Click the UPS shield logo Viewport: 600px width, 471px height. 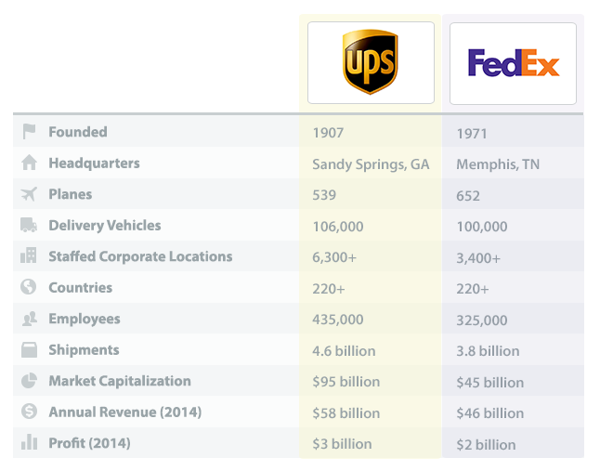[x=371, y=62]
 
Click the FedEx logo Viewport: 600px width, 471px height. [x=513, y=63]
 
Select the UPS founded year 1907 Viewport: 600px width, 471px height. [x=328, y=133]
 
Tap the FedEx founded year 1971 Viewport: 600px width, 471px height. [x=472, y=134]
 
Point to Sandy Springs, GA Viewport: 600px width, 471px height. [x=371, y=164]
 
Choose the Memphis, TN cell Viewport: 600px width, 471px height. [x=498, y=164]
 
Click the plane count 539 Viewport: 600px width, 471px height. [x=324, y=195]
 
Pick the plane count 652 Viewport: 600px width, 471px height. [x=468, y=196]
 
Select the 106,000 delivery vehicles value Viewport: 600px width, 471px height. [x=338, y=227]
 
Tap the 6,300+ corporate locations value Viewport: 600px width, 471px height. [x=335, y=257]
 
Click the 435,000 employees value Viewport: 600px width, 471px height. [x=338, y=320]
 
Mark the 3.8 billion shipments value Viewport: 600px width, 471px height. [x=488, y=351]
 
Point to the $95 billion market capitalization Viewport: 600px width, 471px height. [x=346, y=382]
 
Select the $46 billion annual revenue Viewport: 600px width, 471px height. [x=489, y=413]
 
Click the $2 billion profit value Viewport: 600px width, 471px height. [x=486, y=445]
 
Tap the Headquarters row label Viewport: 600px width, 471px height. [x=94, y=164]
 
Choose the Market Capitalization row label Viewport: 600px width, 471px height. [x=120, y=381]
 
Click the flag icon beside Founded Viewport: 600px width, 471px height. [x=29, y=132]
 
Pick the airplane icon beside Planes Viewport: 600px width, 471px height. [x=29, y=194]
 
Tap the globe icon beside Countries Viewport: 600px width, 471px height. [x=29, y=288]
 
